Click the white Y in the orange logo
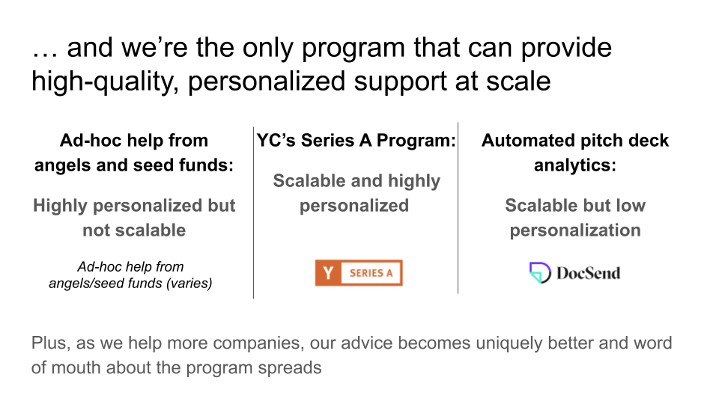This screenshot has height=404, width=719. tap(328, 273)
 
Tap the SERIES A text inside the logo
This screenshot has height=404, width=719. tap(371, 273)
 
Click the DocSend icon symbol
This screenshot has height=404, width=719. tap(540, 272)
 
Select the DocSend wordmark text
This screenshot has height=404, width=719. tap(589, 273)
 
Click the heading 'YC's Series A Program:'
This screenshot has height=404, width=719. tap(357, 140)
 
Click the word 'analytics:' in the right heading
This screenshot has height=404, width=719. tap(575, 165)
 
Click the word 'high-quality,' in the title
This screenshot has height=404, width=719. tap(105, 82)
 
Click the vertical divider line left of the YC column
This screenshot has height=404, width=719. tap(254, 212)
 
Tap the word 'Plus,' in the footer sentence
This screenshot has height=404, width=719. tap(51, 343)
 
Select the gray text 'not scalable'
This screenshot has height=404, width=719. tap(134, 230)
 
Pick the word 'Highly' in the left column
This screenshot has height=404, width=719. tap(60, 206)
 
